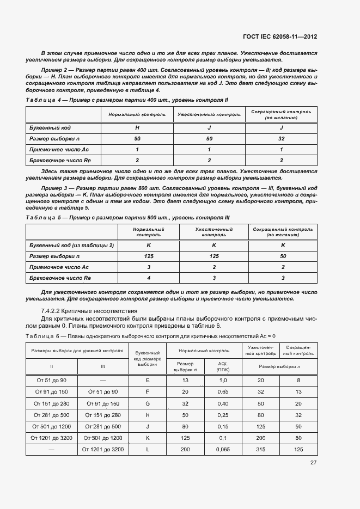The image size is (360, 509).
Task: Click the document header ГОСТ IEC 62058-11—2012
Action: pyautogui.click(x=280, y=36)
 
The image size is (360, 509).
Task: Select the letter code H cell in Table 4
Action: pyautogui.click(x=137, y=128)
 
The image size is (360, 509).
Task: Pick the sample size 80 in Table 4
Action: pyautogui.click(x=209, y=139)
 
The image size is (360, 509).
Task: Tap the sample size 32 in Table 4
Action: pyautogui.click(x=281, y=139)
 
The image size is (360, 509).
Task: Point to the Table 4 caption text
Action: pyautogui.click(x=126, y=100)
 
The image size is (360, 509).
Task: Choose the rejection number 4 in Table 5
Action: pyautogui.click(x=148, y=278)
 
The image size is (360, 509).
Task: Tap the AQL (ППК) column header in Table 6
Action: pyautogui.click(x=222, y=366)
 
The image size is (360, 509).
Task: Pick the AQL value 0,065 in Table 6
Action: pyautogui.click(x=222, y=449)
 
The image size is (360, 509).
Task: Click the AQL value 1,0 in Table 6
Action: pyautogui.click(x=222, y=379)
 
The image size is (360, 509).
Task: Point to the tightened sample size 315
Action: pyautogui.click(x=260, y=449)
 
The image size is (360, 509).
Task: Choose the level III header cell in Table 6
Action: pyautogui.click(x=103, y=366)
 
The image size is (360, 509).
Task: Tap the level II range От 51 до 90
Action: pyautogui.click(x=52, y=379)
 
